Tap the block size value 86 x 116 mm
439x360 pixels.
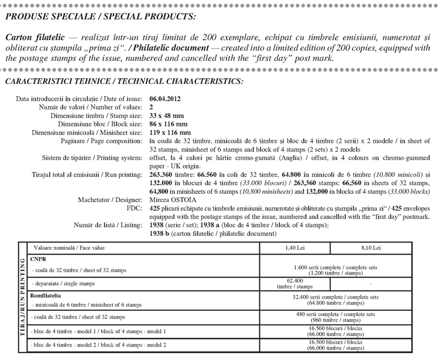170,124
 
